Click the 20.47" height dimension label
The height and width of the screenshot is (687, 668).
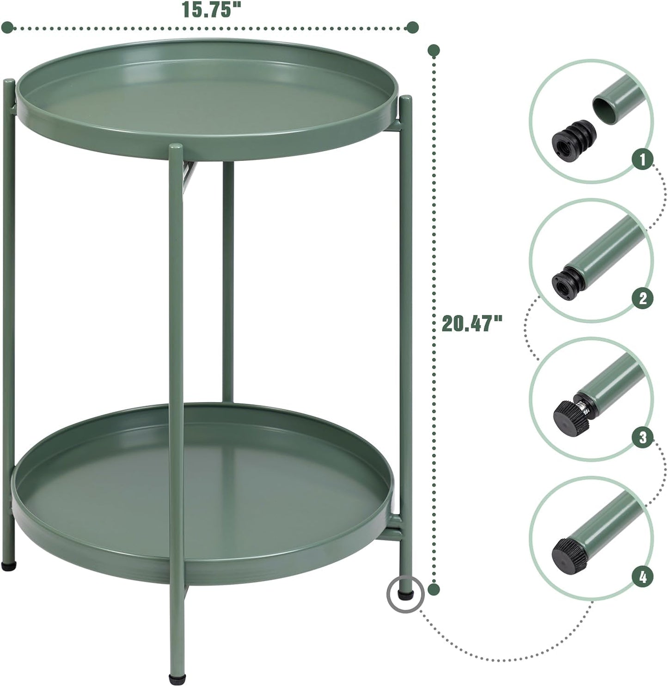472,323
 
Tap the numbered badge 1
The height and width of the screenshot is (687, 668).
643,160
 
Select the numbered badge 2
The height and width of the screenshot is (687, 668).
643,298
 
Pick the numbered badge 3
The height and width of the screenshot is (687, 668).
643,437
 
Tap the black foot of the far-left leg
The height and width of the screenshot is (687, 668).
10,565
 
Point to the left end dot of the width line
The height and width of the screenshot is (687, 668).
7,28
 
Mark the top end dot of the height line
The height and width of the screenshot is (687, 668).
433,50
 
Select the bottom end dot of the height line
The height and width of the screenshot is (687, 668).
433,589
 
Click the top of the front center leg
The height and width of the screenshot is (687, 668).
176,147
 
